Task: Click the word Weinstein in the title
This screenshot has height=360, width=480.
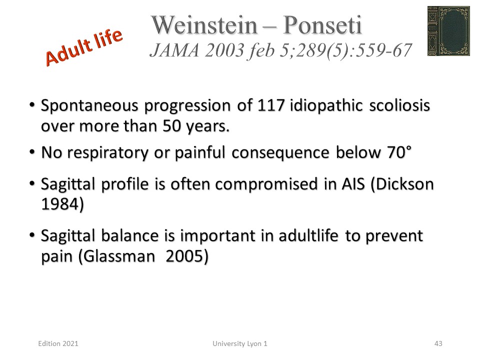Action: tap(204, 25)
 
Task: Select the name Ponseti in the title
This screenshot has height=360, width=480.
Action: tap(322, 25)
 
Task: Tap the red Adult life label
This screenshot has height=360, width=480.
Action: tap(84, 47)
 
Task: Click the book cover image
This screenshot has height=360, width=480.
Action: tap(448, 31)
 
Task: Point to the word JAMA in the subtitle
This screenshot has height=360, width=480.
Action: tap(175, 50)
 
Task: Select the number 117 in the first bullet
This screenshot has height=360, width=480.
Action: tap(271, 105)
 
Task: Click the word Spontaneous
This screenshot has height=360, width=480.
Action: tap(89, 106)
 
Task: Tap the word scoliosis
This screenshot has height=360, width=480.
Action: tap(399, 105)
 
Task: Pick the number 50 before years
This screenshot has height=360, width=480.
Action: tap(171, 126)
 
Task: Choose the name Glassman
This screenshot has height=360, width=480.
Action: tap(116, 256)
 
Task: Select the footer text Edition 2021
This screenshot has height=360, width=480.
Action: tap(58, 344)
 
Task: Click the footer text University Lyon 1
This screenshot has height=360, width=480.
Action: tap(240, 344)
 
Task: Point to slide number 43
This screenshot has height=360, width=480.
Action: tap(438, 344)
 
